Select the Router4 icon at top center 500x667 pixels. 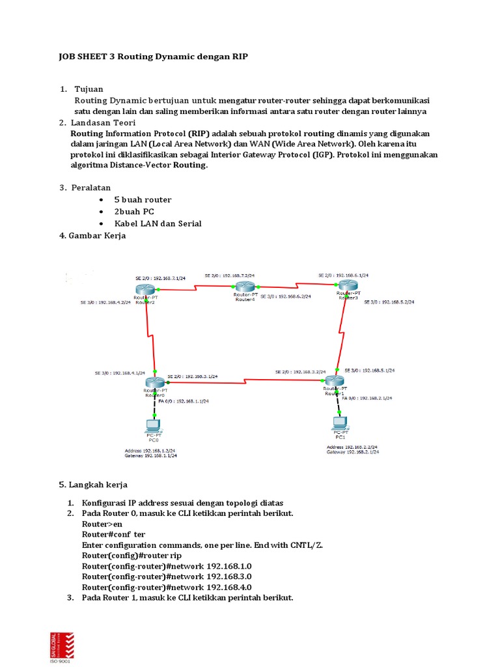pyautogui.click(x=245, y=287)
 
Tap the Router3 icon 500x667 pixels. pyautogui.click(x=348, y=285)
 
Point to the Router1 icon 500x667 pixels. pyautogui.click(x=334, y=381)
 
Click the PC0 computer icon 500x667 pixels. pyautogui.click(x=153, y=426)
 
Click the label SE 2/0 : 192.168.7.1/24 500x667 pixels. pyautogui.click(x=158, y=277)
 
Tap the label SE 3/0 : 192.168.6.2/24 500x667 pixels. pyautogui.click(x=285, y=296)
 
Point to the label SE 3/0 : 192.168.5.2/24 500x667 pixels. pyautogui.click(x=389, y=302)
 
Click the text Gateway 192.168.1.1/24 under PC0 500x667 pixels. pyautogui.click(x=150, y=456)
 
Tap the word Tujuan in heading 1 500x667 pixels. pyautogui.click(x=89, y=89)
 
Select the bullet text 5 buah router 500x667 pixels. pyautogui.click(x=143, y=200)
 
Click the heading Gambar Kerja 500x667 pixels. pyautogui.click(x=97, y=236)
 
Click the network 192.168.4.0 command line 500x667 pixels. pyautogui.click(x=167, y=586)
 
